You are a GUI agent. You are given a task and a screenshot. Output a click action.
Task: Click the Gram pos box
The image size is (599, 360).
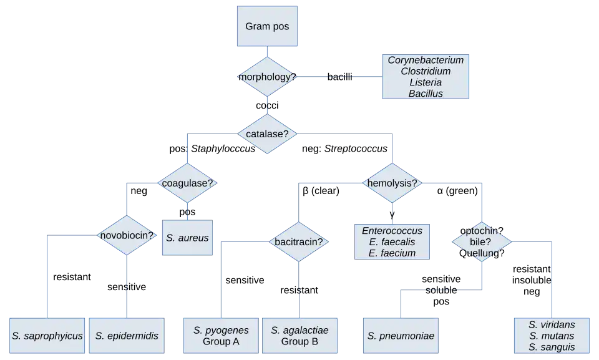pyautogui.click(x=267, y=27)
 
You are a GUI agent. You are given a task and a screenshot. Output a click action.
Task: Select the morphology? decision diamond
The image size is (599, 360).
pyautogui.click(x=267, y=77)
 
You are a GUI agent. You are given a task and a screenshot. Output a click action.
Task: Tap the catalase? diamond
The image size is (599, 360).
pyautogui.click(x=267, y=134)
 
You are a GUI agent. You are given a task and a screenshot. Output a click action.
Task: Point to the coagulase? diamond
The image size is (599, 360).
pyautogui.click(x=187, y=183)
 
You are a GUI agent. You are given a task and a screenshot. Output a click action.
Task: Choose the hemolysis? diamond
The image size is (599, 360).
pyautogui.click(x=392, y=183)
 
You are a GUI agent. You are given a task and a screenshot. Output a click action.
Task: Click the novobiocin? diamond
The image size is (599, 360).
pyautogui.click(x=127, y=235)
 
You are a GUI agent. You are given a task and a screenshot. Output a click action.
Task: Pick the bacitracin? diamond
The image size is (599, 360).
pyautogui.click(x=298, y=241)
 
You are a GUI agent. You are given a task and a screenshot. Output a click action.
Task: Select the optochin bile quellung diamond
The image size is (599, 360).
pyautogui.click(x=482, y=241)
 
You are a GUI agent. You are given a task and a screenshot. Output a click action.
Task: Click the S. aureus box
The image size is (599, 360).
pyautogui.click(x=187, y=238)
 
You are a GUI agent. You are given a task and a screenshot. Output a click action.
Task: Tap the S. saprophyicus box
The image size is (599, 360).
pyautogui.click(x=47, y=336)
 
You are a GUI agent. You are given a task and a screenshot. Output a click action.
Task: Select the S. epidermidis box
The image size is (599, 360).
pyautogui.click(x=127, y=336)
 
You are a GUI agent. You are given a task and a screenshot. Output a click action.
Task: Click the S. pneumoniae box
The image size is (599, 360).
pyautogui.click(x=401, y=336)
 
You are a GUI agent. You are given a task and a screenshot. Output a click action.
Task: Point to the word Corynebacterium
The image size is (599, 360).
pyautogui.click(x=426, y=61)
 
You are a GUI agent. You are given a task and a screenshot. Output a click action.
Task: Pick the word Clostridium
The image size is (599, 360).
pyautogui.click(x=426, y=72)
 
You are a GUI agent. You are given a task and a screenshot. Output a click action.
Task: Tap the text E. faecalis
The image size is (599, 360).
pyautogui.click(x=392, y=242)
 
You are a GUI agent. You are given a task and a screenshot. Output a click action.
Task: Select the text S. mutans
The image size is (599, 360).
pyautogui.click(x=552, y=336)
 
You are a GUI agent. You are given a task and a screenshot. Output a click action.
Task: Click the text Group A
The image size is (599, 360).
pyautogui.click(x=221, y=341)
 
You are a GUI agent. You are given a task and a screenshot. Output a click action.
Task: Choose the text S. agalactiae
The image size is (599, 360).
pyautogui.click(x=299, y=330)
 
